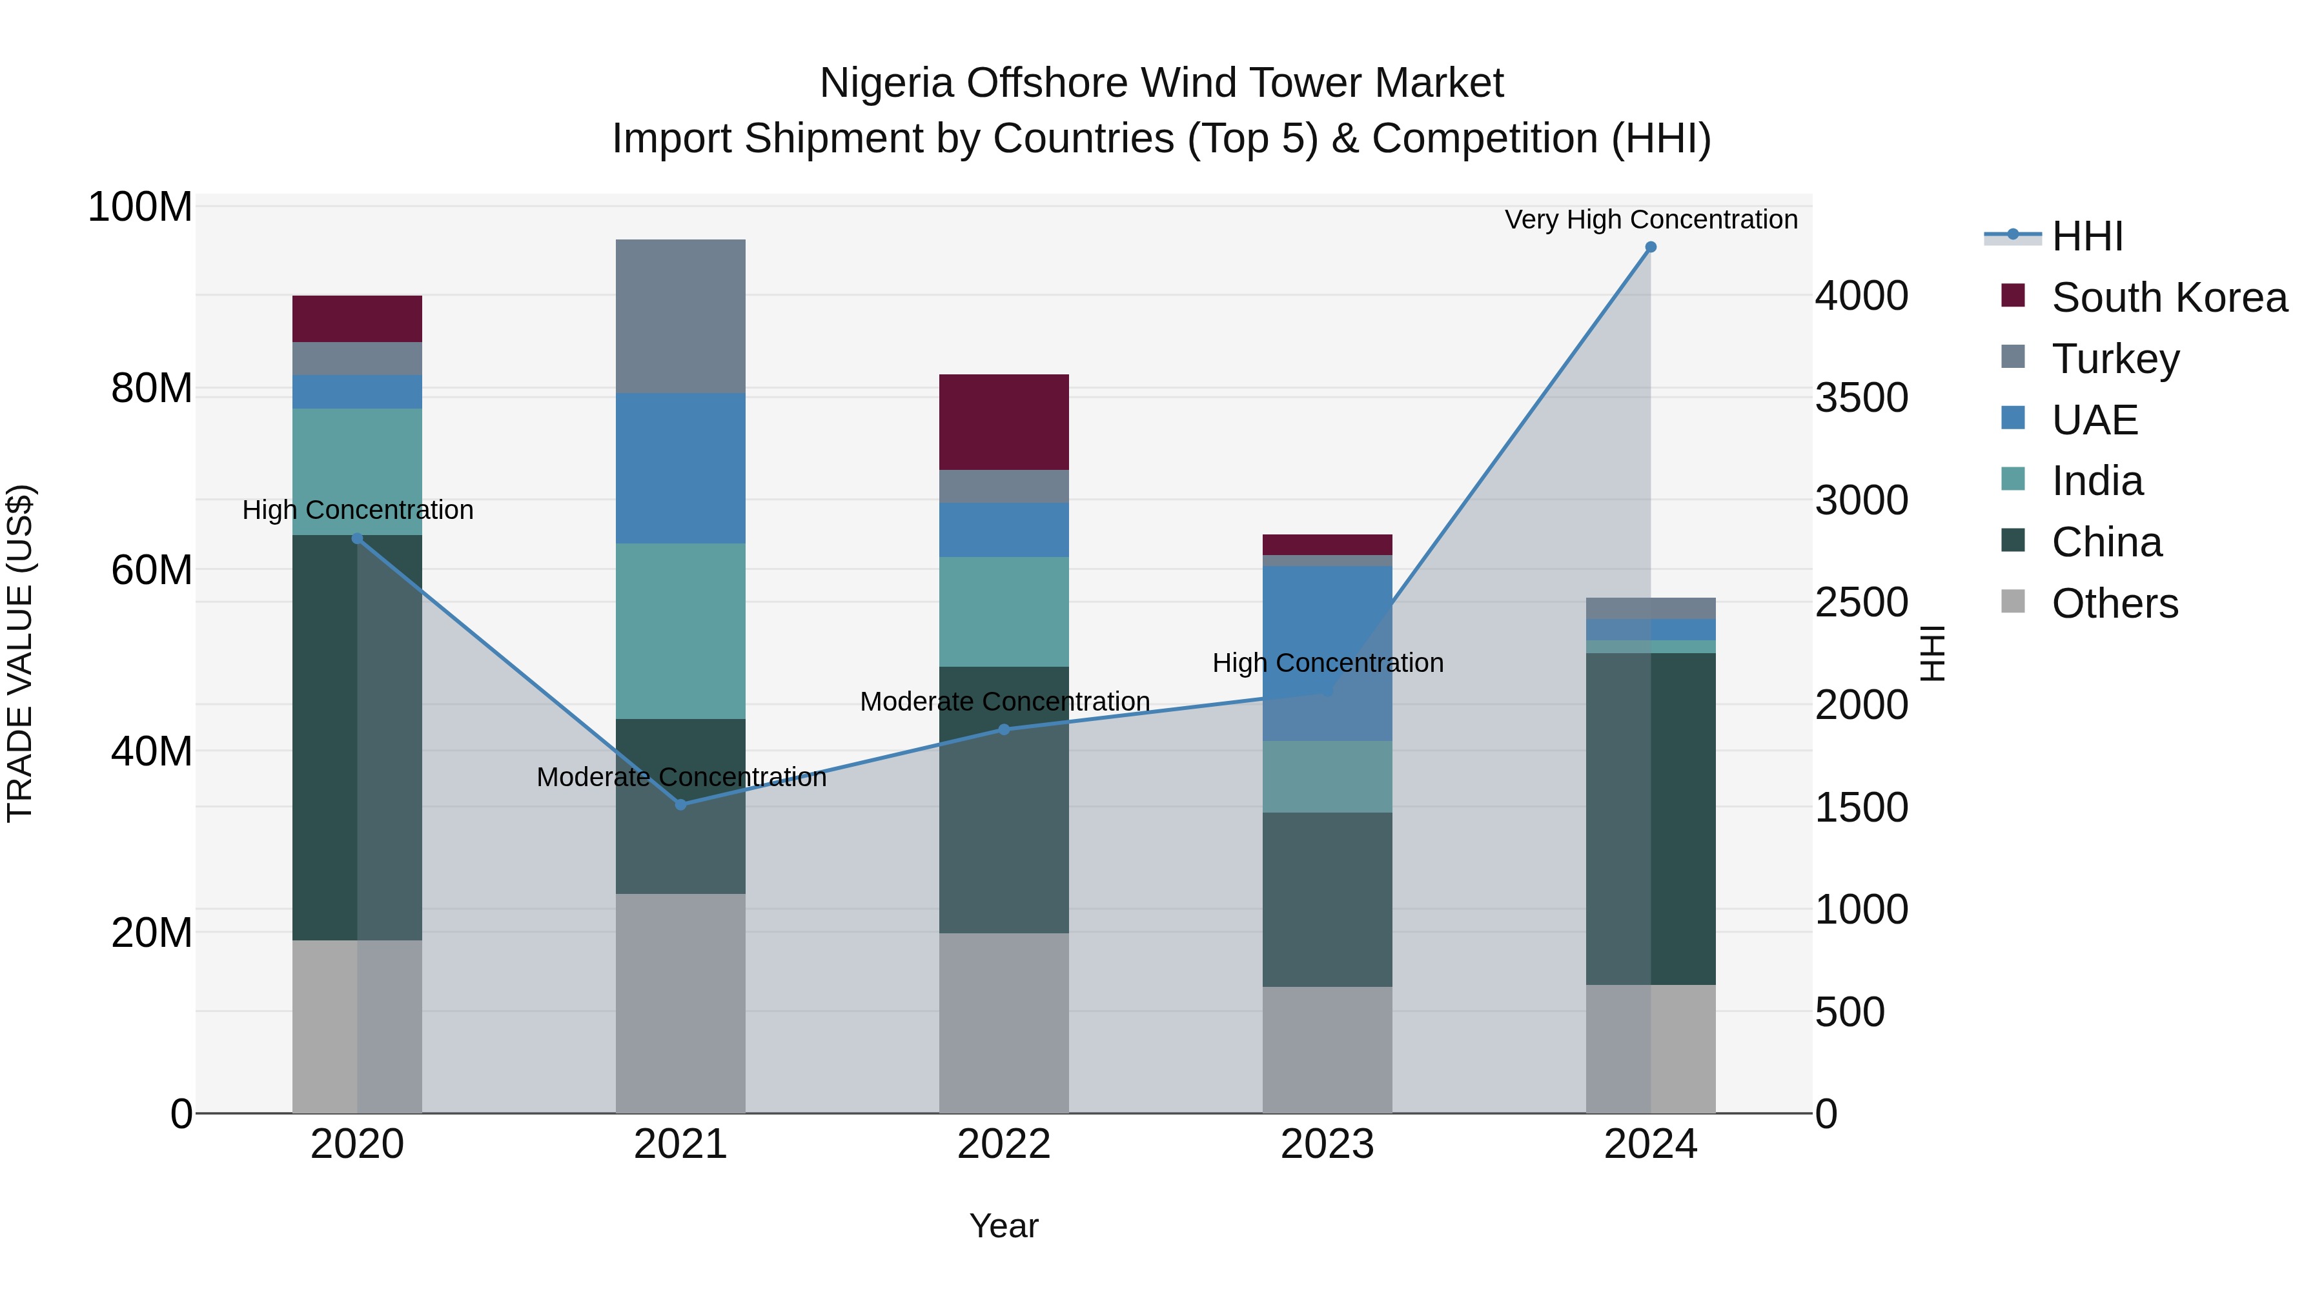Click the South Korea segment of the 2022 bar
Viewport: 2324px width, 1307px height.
click(1003, 421)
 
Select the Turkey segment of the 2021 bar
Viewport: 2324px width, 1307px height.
click(680, 316)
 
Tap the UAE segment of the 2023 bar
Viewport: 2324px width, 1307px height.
click(1327, 653)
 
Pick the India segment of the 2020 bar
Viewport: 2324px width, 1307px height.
click(357, 471)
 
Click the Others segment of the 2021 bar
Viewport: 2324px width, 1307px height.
click(680, 1002)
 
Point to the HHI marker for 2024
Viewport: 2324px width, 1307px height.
click(1650, 247)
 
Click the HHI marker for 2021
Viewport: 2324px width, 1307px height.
click(680, 804)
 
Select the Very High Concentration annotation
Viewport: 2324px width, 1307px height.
click(1650, 219)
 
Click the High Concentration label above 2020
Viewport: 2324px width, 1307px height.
click(357, 510)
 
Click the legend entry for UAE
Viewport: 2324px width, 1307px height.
click(2094, 420)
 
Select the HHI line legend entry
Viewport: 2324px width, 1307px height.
click(2086, 236)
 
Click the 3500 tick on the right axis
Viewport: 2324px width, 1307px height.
click(1860, 398)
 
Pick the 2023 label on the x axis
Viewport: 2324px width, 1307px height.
click(1327, 1144)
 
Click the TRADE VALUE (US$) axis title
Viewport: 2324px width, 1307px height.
click(20, 653)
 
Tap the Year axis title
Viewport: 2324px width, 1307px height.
click(1003, 1226)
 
